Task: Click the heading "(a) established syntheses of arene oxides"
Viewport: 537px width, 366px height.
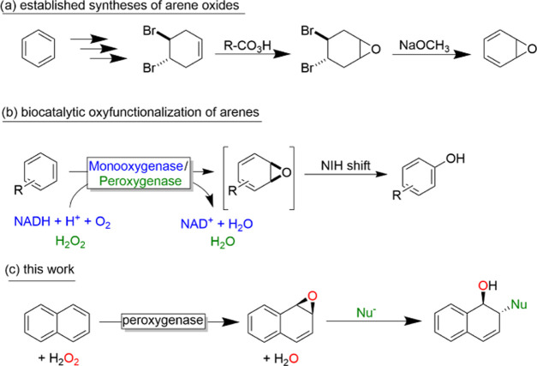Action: point(121,9)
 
